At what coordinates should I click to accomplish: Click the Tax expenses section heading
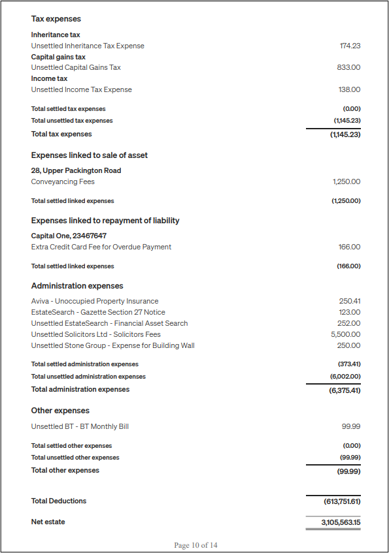(56, 19)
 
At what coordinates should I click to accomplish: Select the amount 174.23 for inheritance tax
(350, 46)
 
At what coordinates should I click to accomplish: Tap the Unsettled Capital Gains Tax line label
(76, 67)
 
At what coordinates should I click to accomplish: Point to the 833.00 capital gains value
(348, 67)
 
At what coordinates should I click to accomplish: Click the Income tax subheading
(49, 78)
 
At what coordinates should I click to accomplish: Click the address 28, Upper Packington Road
(76, 170)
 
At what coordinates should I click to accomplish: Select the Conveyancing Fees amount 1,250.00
(346, 182)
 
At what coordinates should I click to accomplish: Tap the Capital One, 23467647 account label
(69, 236)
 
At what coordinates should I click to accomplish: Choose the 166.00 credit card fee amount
(349, 247)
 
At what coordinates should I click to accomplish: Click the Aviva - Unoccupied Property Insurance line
(95, 301)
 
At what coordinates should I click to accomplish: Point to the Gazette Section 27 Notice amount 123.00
(349, 312)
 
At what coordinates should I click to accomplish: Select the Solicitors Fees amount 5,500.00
(345, 334)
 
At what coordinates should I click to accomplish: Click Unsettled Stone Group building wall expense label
(112, 345)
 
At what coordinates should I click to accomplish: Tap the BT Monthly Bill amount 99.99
(350, 426)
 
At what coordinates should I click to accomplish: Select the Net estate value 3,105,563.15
(341, 522)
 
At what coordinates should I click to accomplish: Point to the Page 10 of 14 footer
(195, 545)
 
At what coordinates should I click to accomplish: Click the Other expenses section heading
(60, 411)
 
